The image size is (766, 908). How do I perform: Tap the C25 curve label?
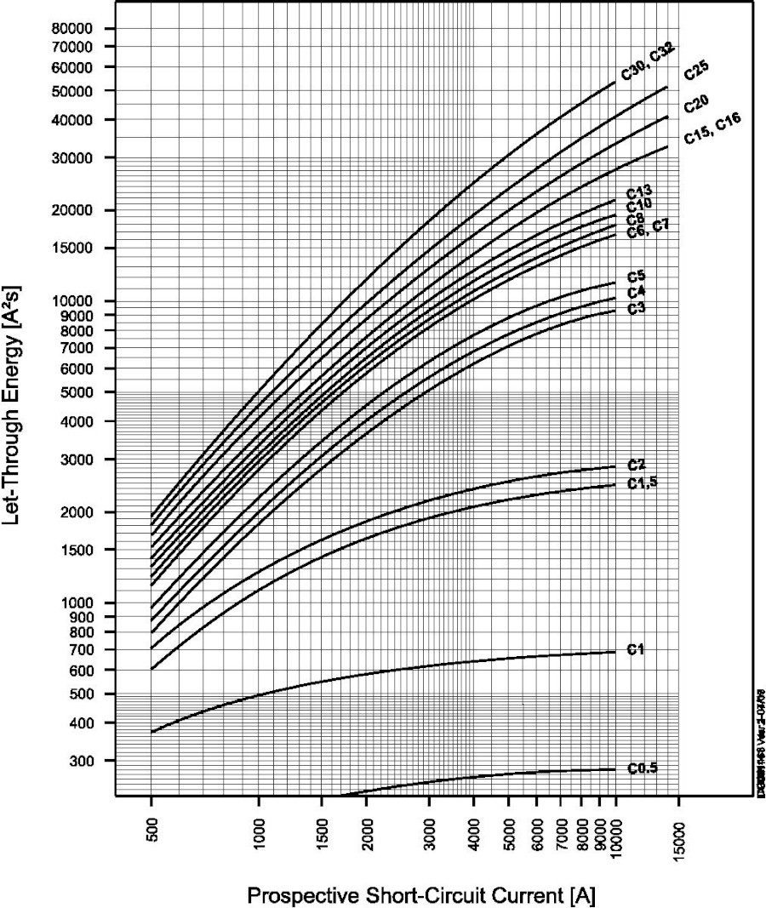click(697, 74)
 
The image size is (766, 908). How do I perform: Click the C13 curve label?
click(639, 193)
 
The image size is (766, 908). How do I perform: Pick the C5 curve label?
click(636, 276)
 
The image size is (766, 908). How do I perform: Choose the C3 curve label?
click(636, 308)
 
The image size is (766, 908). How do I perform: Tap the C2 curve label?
click(636, 465)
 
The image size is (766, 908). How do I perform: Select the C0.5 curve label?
click(643, 768)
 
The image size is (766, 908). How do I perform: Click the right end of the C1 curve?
click(615, 652)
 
